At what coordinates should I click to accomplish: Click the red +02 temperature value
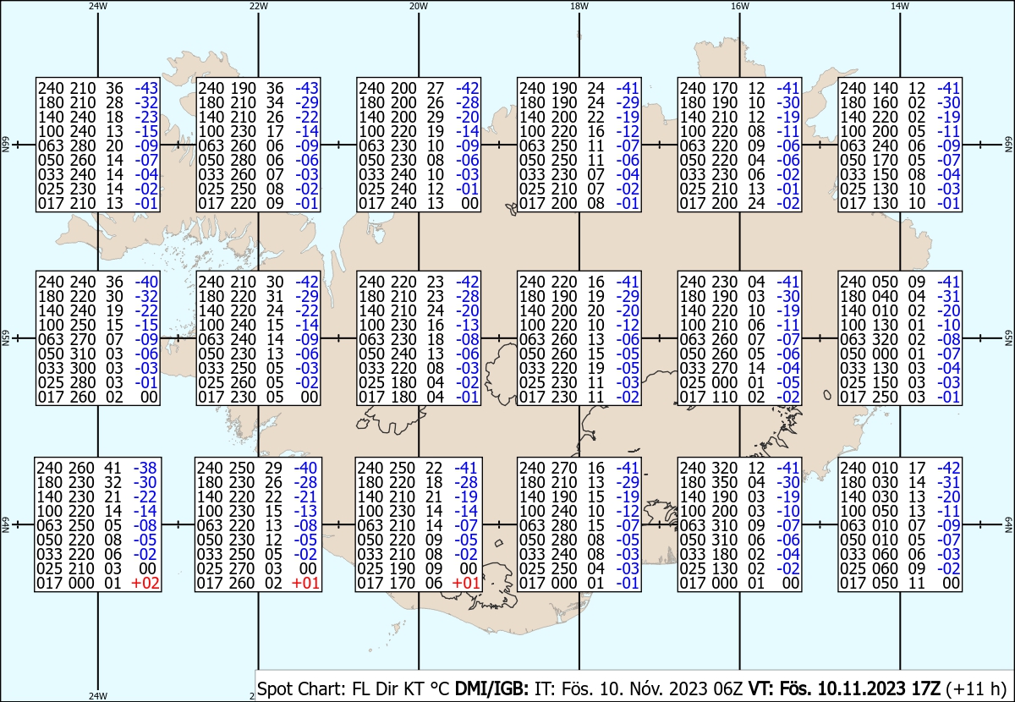(x=145, y=583)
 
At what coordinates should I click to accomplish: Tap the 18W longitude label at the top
(x=579, y=7)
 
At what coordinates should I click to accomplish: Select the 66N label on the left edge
(x=5, y=145)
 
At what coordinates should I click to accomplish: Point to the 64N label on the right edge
(x=1008, y=524)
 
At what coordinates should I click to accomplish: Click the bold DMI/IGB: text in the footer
(x=491, y=688)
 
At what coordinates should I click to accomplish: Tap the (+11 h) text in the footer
(x=976, y=688)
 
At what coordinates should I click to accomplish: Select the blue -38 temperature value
(x=145, y=468)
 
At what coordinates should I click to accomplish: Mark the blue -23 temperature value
(x=146, y=117)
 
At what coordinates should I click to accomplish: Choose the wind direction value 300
(x=83, y=368)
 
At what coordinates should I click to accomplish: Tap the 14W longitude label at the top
(x=900, y=7)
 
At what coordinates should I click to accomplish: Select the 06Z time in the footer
(x=727, y=688)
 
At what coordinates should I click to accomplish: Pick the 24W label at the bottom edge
(x=98, y=696)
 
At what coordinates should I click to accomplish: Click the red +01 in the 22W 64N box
(x=305, y=583)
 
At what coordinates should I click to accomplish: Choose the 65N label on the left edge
(x=5, y=338)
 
